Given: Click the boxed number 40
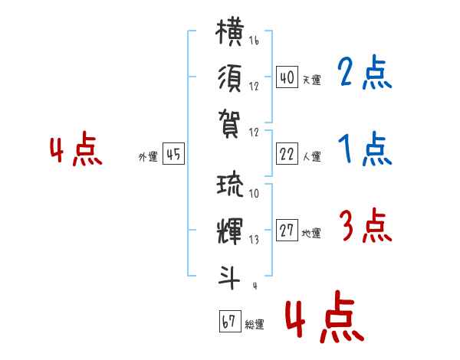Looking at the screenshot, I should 287,77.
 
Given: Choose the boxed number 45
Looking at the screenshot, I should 173,155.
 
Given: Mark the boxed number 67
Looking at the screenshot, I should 228,322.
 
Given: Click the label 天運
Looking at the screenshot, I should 311,80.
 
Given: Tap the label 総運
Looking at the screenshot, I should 254,325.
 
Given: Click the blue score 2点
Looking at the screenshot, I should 364,74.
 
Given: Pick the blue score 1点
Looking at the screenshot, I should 364,150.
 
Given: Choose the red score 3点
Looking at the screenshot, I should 364,227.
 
